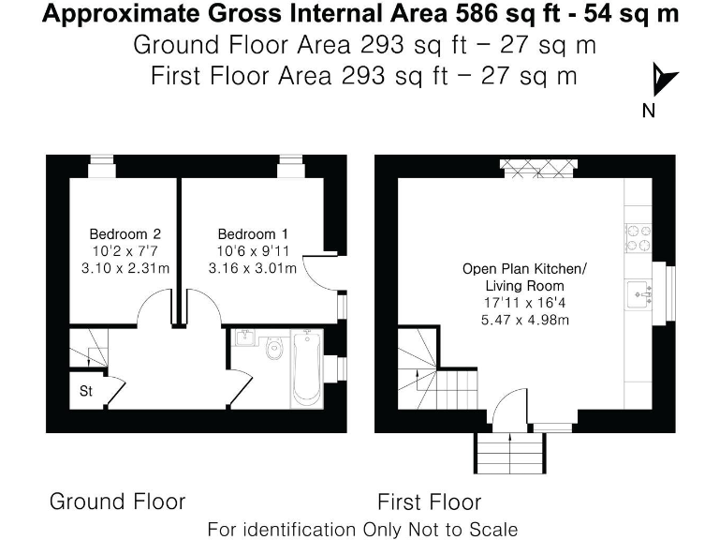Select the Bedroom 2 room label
(x=125, y=233)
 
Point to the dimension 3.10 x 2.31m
(x=125, y=268)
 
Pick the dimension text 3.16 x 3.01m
(x=253, y=268)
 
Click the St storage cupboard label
(x=85, y=389)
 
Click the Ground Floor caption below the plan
(x=117, y=501)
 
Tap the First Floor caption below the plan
(x=429, y=501)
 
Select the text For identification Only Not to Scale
(x=362, y=529)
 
